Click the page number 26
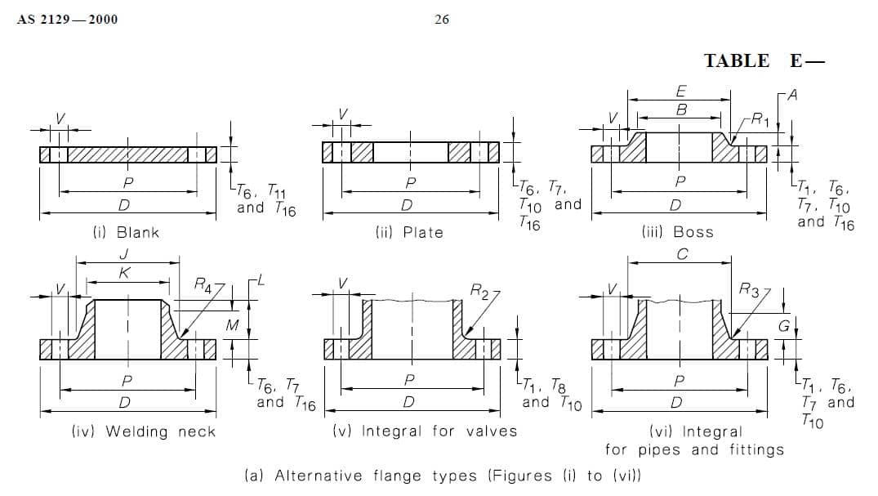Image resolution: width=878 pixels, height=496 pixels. [x=442, y=20]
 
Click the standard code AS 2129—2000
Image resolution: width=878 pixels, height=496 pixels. [x=67, y=20]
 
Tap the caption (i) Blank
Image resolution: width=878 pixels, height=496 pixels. [x=126, y=232]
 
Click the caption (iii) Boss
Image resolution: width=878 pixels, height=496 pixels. [x=677, y=232]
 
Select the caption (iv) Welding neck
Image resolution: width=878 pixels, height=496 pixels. [x=144, y=431]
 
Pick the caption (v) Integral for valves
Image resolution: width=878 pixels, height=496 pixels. [x=425, y=431]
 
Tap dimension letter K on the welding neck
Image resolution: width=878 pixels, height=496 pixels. [x=123, y=273]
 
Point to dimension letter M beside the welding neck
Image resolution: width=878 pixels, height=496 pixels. [x=231, y=326]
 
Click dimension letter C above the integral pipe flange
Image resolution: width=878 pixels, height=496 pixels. [x=682, y=254]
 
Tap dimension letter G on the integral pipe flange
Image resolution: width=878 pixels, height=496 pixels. [x=782, y=326]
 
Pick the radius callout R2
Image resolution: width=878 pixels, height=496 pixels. [x=481, y=290]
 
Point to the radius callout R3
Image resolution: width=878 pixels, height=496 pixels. [x=749, y=288]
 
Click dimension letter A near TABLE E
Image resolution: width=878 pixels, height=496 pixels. [x=792, y=95]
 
